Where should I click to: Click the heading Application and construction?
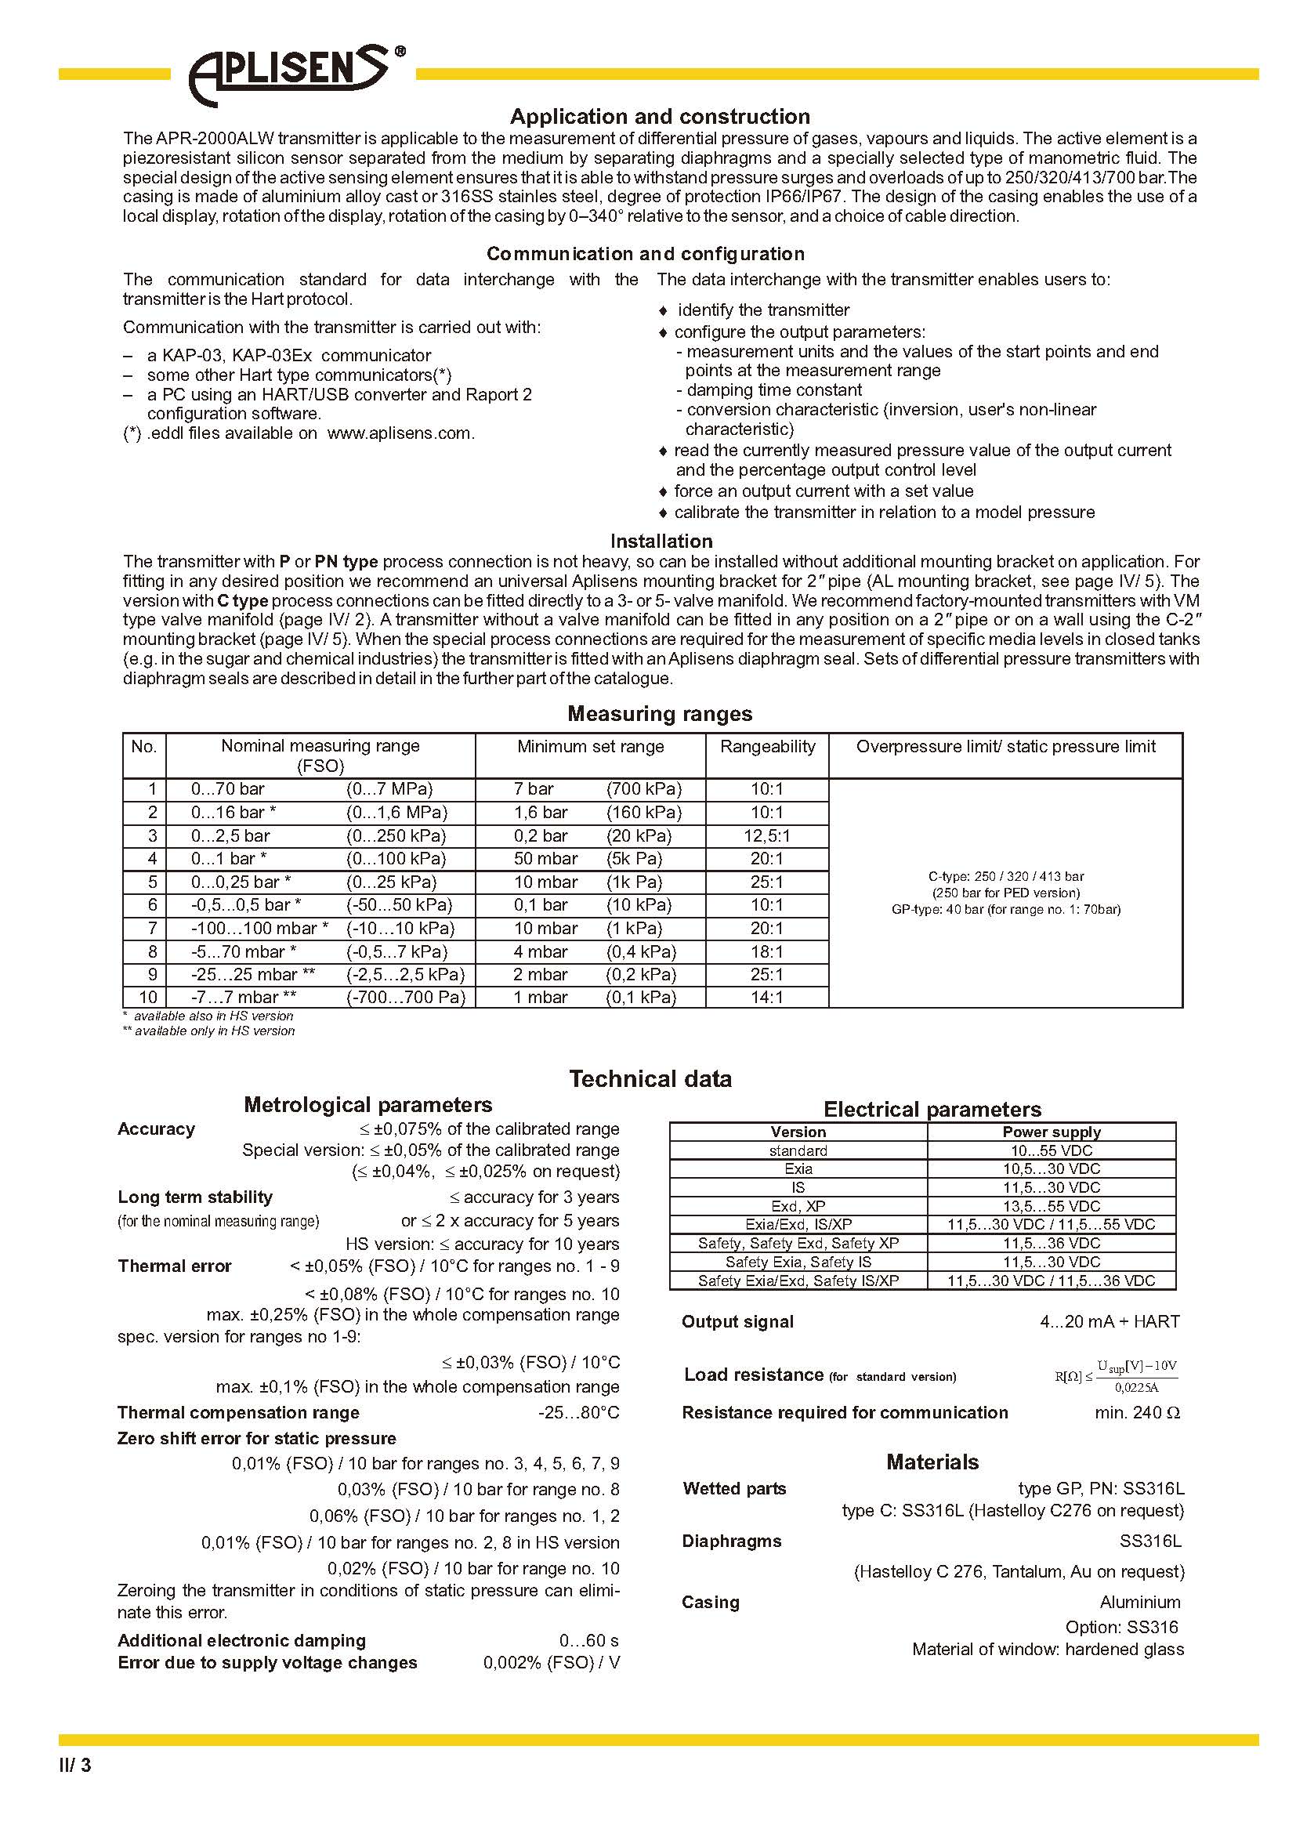[659, 117]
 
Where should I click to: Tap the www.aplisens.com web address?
[400, 433]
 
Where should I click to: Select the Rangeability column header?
[767, 747]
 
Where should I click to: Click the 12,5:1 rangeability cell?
[766, 836]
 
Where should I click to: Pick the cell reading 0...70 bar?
[227, 789]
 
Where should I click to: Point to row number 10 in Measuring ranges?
[148, 997]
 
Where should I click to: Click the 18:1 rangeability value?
[766, 951]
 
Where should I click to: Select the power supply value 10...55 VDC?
[1051, 1150]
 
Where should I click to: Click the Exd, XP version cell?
[798, 1206]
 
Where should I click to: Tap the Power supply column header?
[1051, 1132]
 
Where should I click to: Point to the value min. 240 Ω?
[1136, 1412]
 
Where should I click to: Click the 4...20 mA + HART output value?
[1110, 1321]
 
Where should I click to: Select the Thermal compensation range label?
[238, 1412]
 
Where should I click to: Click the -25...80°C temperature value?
[578, 1412]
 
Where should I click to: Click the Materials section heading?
[932, 1462]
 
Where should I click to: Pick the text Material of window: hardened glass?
[1048, 1649]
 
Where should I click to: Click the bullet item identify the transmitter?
[763, 310]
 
